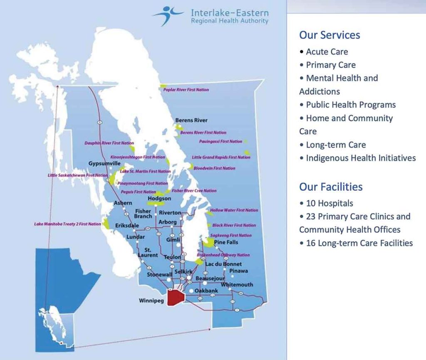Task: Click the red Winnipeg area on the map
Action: click(176, 297)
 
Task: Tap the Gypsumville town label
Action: click(104, 163)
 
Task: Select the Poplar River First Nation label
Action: click(186, 90)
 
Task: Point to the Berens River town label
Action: click(191, 121)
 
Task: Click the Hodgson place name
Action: click(159, 199)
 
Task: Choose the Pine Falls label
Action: click(226, 242)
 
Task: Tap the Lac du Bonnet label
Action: click(223, 264)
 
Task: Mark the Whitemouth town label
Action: click(237, 285)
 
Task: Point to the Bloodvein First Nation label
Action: click(214, 168)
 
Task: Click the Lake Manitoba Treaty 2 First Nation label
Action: click(67, 224)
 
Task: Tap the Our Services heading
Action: click(329, 35)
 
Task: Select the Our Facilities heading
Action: click(331, 187)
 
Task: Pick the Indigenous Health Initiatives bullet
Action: click(360, 158)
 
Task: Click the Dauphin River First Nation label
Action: click(103, 143)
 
